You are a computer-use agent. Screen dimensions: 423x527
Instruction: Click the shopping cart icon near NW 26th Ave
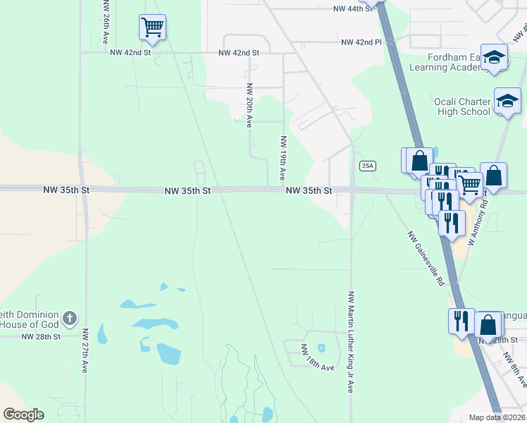[152, 27]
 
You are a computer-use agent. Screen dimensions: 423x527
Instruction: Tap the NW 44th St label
[352, 9]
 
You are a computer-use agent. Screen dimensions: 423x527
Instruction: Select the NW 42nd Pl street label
[361, 42]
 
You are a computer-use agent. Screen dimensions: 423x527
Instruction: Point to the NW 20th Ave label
[249, 105]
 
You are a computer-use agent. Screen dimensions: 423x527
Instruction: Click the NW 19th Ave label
[283, 157]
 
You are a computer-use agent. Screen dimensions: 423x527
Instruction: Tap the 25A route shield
[367, 166]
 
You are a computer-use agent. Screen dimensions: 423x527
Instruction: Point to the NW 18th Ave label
[317, 358]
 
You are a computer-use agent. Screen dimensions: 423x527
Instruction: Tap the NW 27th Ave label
[85, 350]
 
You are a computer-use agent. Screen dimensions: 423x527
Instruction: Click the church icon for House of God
[69, 318]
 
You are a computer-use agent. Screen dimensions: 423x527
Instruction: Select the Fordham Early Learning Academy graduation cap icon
[495, 59]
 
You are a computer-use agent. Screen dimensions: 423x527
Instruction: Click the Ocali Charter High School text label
[461, 106]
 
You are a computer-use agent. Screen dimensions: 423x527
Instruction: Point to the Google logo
[23, 414]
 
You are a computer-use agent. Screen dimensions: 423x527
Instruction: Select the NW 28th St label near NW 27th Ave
[41, 337]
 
